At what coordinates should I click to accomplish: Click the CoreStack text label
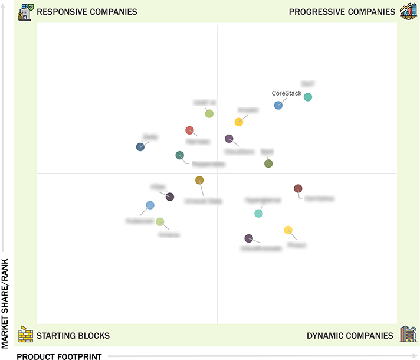287,93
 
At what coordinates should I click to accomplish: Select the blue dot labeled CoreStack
278,105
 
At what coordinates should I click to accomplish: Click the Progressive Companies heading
342,12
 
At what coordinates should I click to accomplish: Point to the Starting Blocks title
73,336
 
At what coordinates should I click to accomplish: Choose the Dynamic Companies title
350,336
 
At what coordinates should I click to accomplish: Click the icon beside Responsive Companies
25,11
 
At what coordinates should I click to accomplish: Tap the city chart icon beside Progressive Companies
408,11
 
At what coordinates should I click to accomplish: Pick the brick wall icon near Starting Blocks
25,335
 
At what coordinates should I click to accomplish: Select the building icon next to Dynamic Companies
408,334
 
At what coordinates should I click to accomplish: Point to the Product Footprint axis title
59,356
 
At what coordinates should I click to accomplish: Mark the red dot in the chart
189,130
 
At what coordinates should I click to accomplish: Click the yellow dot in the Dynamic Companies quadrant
288,230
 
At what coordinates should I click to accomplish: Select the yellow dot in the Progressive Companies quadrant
239,122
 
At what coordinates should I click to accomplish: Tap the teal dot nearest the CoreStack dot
308,97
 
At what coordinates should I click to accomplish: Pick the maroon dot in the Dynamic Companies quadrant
298,189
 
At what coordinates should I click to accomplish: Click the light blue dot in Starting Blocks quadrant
150,205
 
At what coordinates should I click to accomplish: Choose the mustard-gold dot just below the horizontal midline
199,181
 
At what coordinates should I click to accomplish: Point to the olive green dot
268,163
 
